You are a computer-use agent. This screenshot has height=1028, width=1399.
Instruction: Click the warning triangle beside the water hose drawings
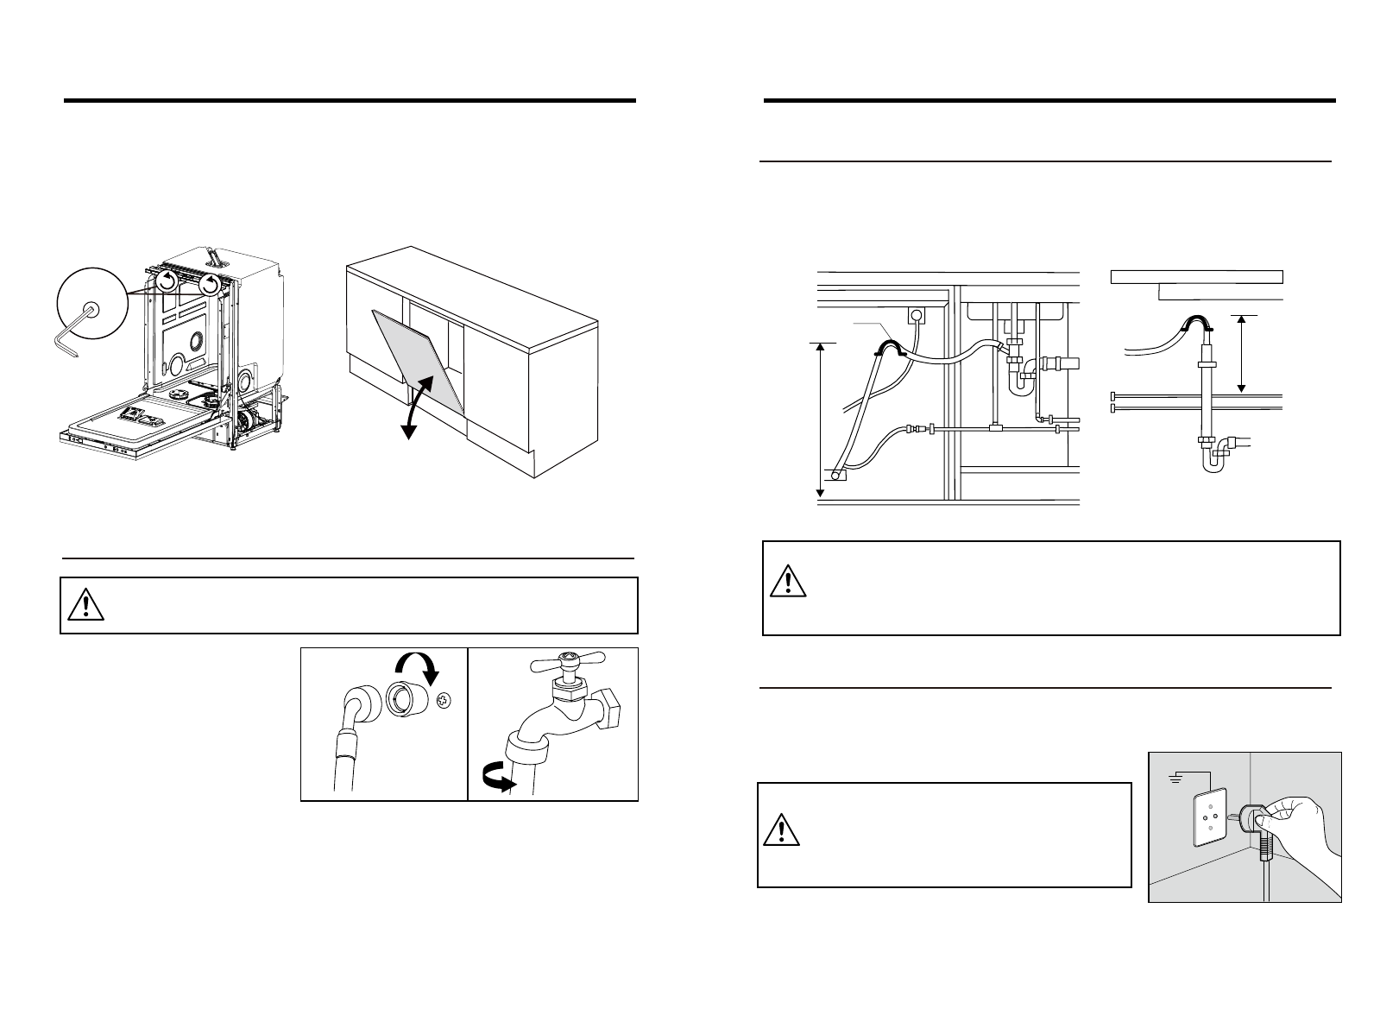point(86,606)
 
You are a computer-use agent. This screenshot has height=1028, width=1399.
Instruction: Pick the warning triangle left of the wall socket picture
point(781,829)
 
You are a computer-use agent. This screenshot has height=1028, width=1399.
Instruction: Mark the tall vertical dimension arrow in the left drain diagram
point(821,419)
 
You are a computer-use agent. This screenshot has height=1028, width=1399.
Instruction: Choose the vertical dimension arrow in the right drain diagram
point(1242,355)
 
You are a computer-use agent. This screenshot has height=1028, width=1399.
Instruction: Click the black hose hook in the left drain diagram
point(888,347)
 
